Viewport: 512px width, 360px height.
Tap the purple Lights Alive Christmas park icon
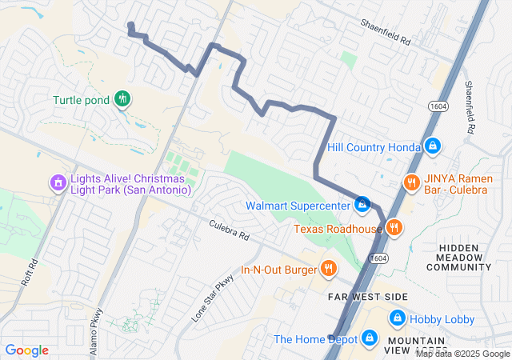58,183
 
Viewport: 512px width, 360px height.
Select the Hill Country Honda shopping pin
433,146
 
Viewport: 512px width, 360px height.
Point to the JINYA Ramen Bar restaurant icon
412,182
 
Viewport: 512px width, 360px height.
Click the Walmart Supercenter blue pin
362,204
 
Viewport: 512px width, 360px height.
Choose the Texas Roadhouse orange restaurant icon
393,228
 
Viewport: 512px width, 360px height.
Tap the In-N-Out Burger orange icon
327,267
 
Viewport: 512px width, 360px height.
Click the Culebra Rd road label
230,231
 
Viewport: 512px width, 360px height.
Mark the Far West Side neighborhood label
368,297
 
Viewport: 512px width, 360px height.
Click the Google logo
26,350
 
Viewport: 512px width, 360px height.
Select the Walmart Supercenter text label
298,206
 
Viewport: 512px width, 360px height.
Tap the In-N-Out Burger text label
278,269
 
